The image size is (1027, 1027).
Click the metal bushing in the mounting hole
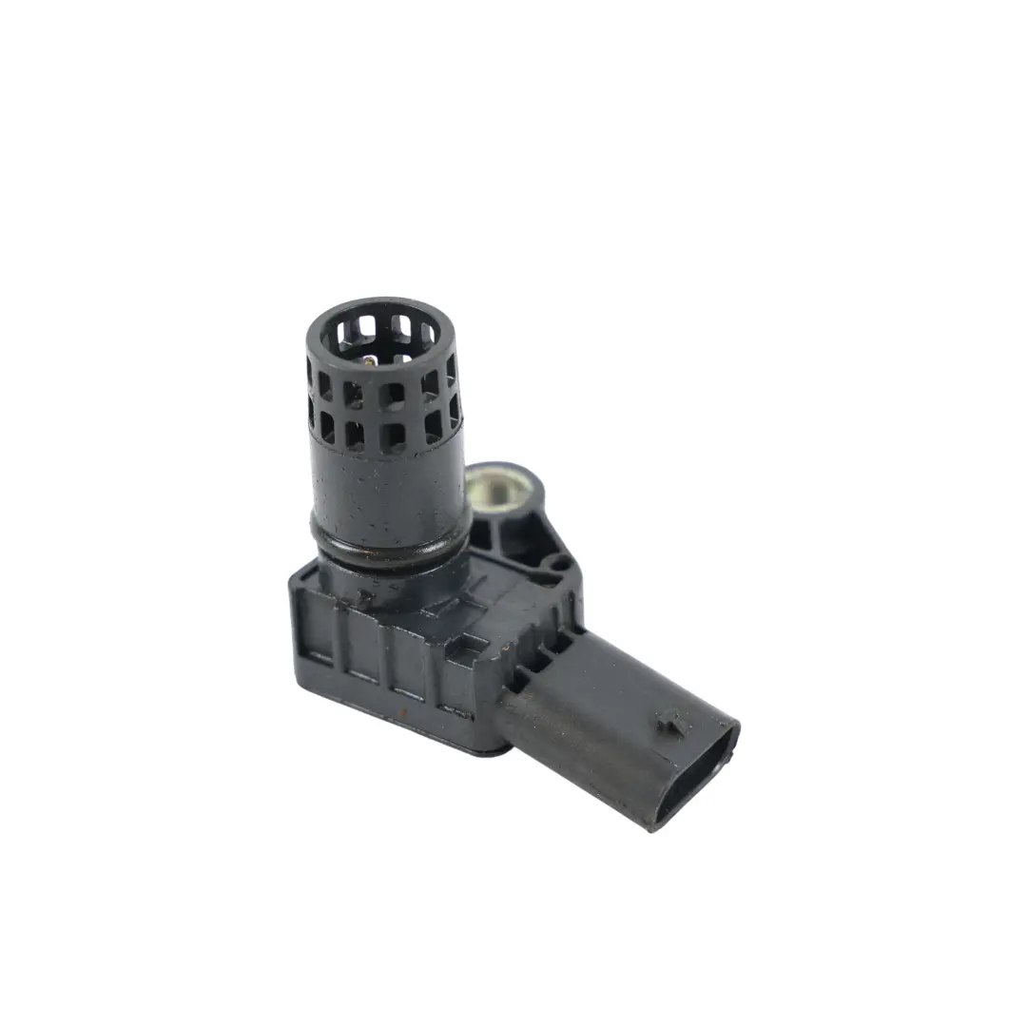[x=495, y=491]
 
